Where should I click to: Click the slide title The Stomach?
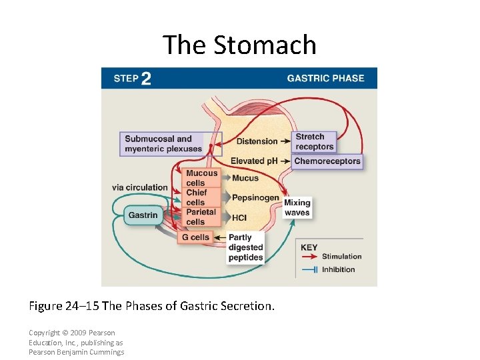coord(239,45)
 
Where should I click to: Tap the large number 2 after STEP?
coord(146,79)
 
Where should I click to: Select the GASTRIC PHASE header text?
coord(325,78)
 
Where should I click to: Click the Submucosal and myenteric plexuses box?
coord(163,144)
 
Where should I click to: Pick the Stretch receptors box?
coord(314,142)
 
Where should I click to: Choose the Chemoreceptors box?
coord(327,161)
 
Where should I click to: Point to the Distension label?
coord(257,141)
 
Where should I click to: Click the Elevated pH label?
coord(254,161)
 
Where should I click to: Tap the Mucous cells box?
coord(201,178)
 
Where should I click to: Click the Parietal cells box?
coord(201,217)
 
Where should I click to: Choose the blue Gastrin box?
coord(143,215)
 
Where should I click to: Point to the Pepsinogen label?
coord(255,198)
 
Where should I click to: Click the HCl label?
coord(239,217)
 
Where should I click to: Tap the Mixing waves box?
coord(297,208)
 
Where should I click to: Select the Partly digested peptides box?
coord(245,247)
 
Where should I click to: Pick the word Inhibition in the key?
coord(338,270)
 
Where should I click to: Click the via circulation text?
coord(139,187)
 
